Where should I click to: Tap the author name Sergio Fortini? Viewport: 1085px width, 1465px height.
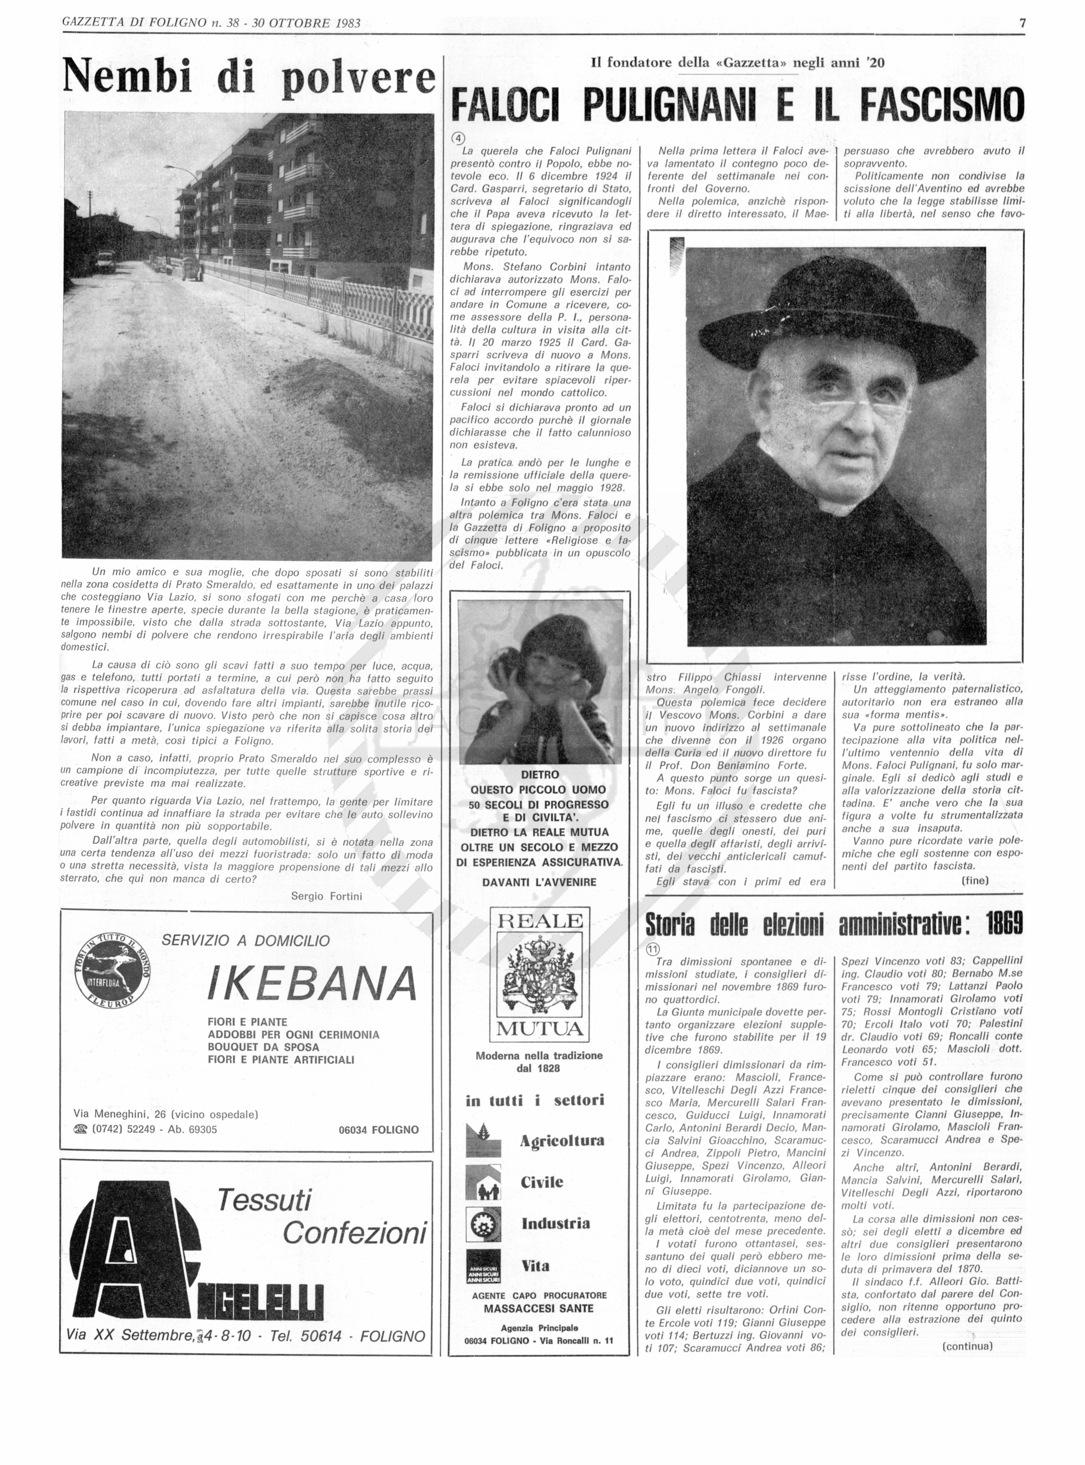[x=326, y=896]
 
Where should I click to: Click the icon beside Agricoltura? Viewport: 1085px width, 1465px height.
[x=483, y=1140]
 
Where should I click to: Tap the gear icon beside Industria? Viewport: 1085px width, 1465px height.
[x=483, y=1223]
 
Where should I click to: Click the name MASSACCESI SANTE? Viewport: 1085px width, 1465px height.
[x=539, y=1308]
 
